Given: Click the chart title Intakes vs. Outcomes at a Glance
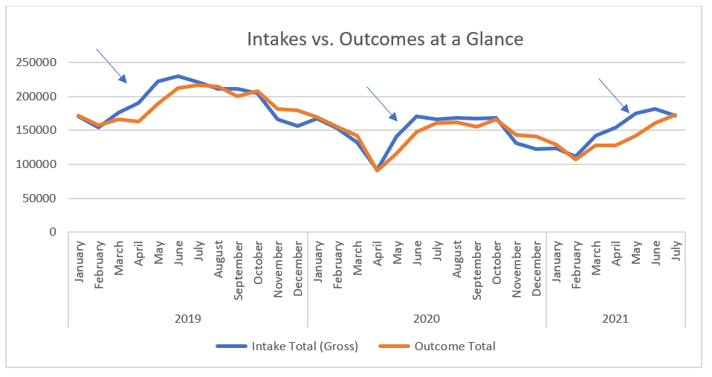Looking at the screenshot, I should click(385, 39).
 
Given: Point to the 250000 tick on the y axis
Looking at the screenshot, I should click(36, 62).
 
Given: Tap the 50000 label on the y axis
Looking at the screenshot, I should click(39, 199).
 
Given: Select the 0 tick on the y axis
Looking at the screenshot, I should click(53, 232).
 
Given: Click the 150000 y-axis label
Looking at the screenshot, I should click(36, 130).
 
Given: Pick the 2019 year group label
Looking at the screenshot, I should click(188, 318).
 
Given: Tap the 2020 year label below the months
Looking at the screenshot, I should click(427, 318).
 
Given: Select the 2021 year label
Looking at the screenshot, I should click(615, 318).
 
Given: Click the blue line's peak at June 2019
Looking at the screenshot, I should click(178, 76).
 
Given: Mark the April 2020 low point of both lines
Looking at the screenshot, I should click(377, 170).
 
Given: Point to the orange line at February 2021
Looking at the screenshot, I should click(575, 159).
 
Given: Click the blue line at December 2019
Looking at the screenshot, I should click(297, 126).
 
